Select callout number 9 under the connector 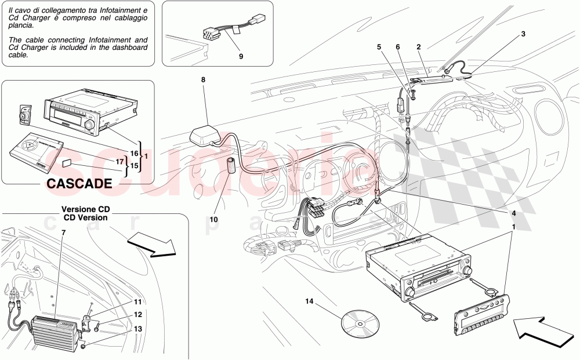241,56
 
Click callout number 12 137,315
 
